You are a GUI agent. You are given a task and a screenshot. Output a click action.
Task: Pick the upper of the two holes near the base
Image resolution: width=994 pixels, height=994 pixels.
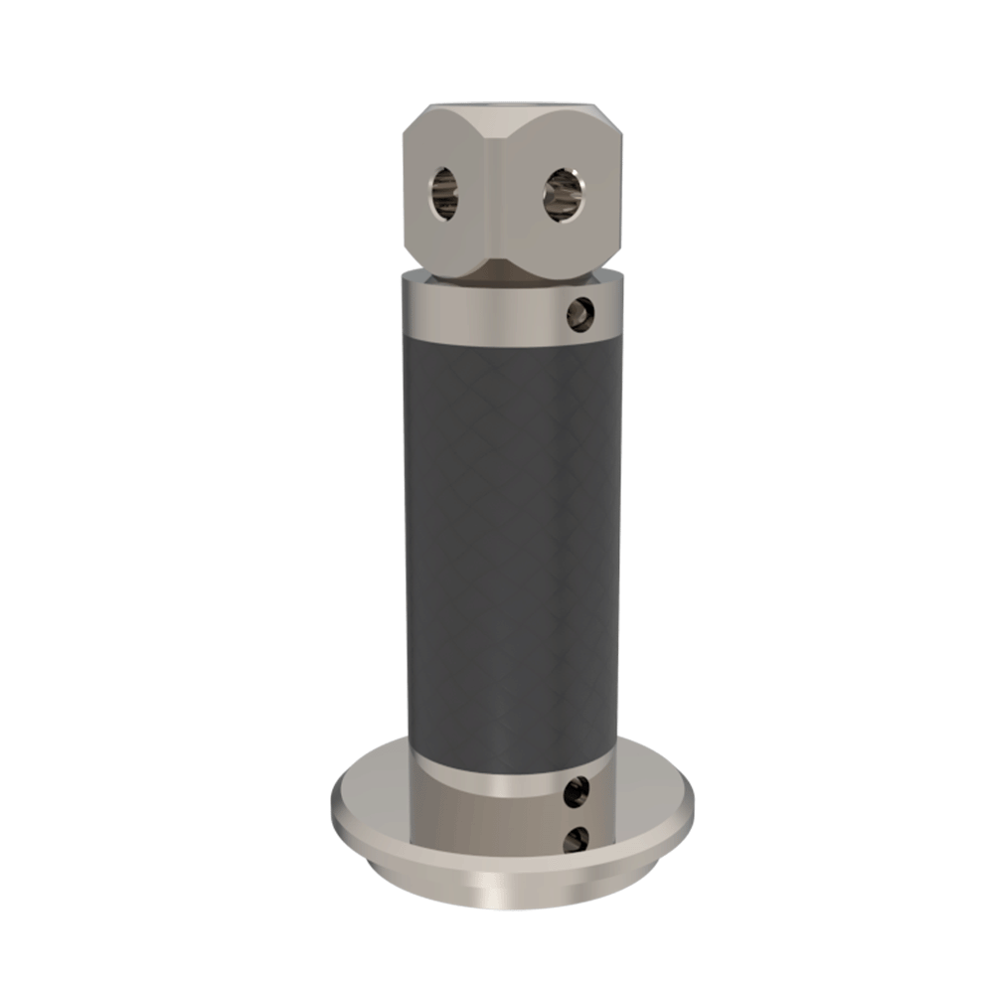[575, 792]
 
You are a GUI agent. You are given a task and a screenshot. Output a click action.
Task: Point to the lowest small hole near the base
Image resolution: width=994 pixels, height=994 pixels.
[575, 841]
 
